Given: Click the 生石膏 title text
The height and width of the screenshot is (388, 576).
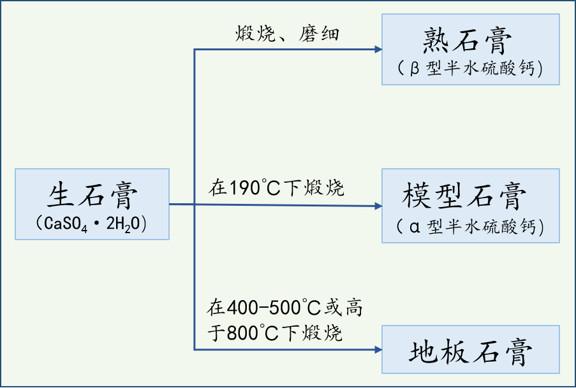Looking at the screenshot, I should click(x=92, y=195).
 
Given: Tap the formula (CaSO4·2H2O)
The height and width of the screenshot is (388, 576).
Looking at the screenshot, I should click(x=92, y=224).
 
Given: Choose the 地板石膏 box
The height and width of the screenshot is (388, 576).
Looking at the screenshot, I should click(x=471, y=349).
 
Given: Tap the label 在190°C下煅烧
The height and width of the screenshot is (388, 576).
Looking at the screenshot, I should click(x=276, y=189).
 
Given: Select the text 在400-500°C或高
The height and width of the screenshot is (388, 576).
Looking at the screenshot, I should click(x=284, y=309).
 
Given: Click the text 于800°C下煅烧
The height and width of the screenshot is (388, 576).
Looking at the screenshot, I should click(x=275, y=333).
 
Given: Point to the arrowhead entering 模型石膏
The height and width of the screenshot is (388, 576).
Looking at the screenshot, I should click(x=377, y=206).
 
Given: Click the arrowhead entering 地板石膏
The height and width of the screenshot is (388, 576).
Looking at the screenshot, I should click(x=377, y=350).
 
